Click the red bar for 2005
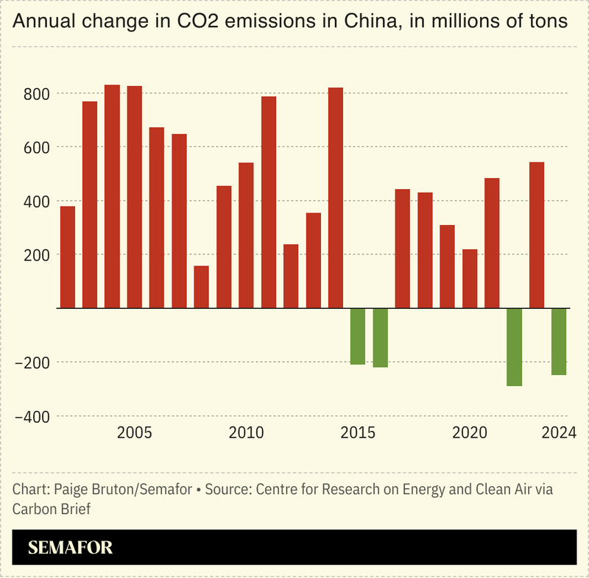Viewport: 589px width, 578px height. [135, 197]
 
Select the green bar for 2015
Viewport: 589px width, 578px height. [358, 336]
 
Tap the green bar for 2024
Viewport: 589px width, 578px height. [560, 341]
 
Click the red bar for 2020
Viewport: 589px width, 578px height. [470, 279]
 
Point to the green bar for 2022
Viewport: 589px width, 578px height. [515, 346]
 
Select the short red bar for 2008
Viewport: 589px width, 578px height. [202, 287]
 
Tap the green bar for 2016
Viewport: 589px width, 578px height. [381, 338]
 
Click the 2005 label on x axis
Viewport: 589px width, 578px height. [135, 432]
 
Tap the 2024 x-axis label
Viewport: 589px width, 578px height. [558, 432]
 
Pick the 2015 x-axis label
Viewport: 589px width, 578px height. [358, 432]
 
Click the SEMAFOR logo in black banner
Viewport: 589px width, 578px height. [71, 548]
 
